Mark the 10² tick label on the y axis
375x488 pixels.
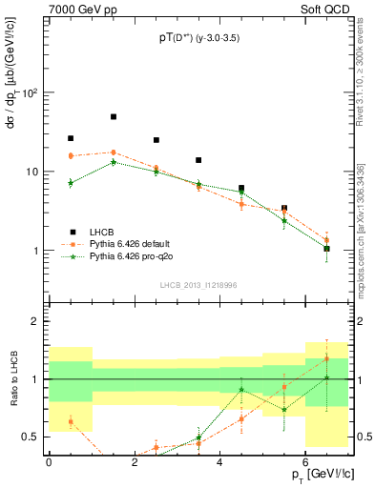[29, 93]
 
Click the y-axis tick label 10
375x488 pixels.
[31, 173]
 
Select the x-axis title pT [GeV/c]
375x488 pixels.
[315, 475]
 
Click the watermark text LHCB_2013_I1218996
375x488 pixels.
[198, 285]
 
